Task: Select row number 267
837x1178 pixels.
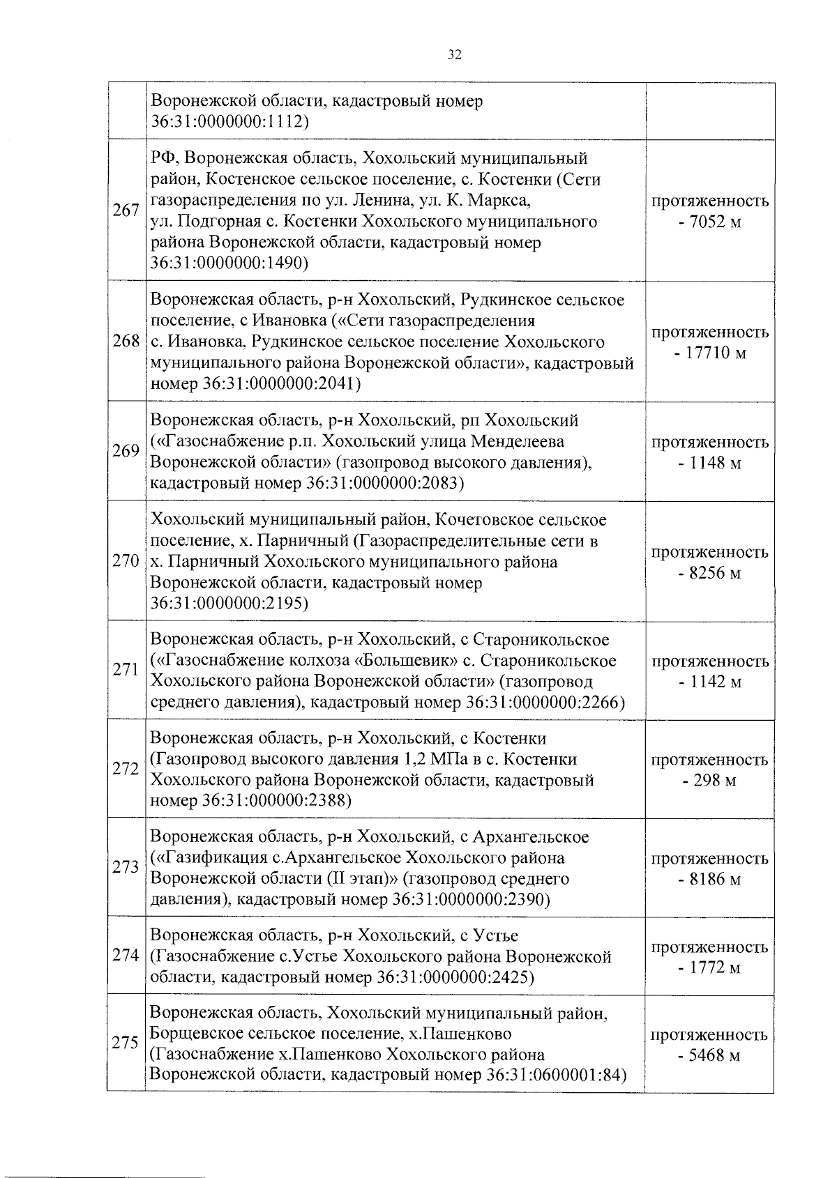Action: coord(126,211)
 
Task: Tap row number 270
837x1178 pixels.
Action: coord(126,562)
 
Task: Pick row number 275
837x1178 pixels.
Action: coord(126,1043)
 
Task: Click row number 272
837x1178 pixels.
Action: coord(126,770)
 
